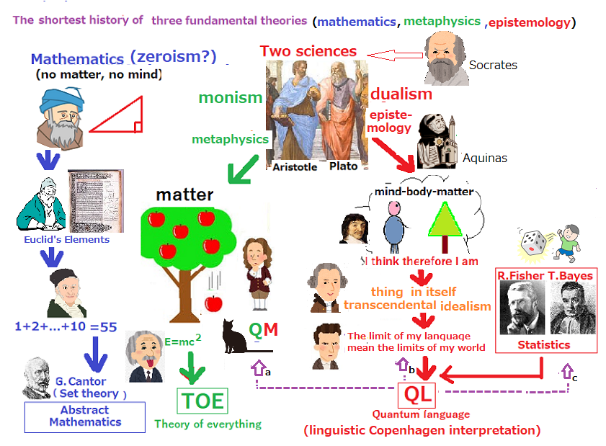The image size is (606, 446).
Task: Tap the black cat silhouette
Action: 235,337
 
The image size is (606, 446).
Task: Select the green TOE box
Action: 202,401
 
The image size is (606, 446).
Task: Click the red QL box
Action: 417,395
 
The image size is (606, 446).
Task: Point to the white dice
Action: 533,243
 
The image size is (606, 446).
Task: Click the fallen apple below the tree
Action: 213,303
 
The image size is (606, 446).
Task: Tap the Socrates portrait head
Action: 445,58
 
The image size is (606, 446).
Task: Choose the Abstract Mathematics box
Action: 85,417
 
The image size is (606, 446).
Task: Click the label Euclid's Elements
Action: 66,240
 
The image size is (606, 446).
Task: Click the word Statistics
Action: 544,344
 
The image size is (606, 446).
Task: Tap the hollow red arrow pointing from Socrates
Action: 395,55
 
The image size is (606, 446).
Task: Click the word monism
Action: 231,97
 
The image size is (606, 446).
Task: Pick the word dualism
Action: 401,94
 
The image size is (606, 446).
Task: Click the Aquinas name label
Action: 485,158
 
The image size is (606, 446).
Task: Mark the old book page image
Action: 96,201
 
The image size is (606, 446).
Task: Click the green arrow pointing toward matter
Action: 243,169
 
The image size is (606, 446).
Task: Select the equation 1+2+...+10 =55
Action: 66,326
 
